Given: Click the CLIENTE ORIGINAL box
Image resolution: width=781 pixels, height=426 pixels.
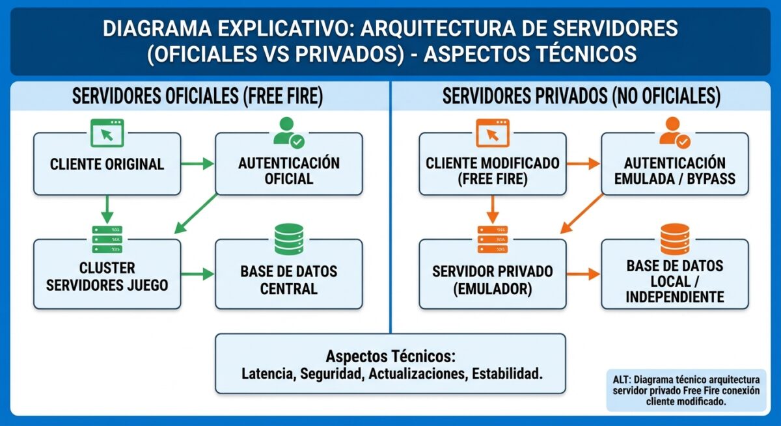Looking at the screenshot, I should (107, 164).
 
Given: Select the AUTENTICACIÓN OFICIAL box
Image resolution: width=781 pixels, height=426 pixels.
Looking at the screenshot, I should (288, 170).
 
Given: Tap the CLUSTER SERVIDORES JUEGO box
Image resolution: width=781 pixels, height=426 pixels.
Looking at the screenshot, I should (107, 276).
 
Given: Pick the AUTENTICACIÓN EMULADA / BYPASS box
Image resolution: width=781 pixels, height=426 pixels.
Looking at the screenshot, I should (674, 170).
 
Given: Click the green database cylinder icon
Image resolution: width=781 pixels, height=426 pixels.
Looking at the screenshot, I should (289, 239).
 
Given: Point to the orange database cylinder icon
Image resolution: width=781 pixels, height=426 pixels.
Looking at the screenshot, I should (674, 239).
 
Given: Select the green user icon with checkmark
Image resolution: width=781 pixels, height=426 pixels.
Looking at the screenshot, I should (289, 132).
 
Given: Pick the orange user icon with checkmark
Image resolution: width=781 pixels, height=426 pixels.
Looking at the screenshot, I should (674, 132).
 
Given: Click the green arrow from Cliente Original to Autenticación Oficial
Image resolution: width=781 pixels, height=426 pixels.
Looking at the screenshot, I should (198, 163).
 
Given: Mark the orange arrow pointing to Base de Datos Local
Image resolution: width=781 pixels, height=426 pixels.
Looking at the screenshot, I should (583, 274).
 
